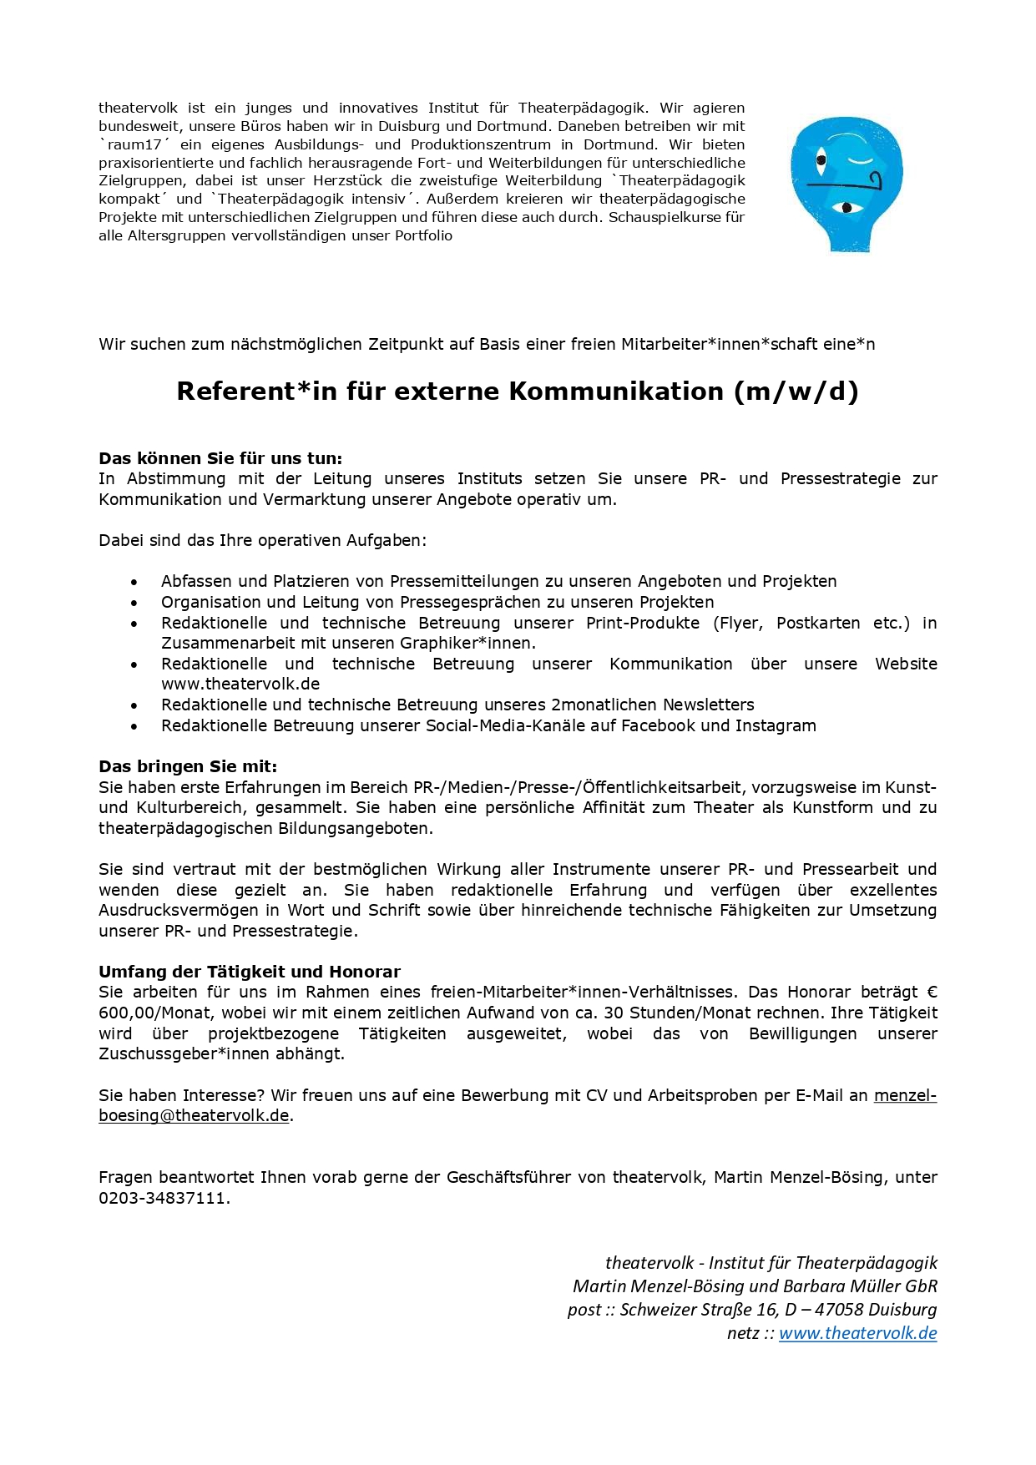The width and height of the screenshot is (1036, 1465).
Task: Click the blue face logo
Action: tap(846, 184)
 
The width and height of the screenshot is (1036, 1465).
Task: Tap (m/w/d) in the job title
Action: tap(796, 392)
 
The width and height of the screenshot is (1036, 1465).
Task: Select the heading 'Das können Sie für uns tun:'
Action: tap(220, 458)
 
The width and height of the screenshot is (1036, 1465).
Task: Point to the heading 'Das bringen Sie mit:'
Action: tap(188, 766)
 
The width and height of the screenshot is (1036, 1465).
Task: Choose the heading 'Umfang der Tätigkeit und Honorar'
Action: tap(250, 972)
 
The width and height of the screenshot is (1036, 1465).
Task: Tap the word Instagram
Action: tap(776, 725)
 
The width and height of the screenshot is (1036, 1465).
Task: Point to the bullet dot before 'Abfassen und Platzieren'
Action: tap(134, 582)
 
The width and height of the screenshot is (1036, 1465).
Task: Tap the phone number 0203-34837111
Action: tap(163, 1198)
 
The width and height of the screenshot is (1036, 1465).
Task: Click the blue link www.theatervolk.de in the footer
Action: tap(857, 1333)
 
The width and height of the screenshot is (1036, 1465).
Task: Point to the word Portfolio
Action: tap(423, 235)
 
